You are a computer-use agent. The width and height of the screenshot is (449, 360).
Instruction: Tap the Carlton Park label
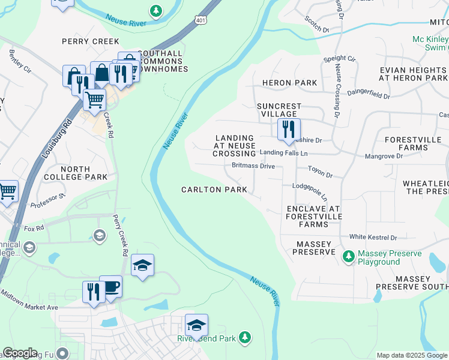[214, 190]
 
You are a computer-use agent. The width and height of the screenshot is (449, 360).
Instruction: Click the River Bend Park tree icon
[244, 338]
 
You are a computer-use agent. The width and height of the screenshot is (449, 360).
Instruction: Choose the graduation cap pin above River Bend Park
[196, 325]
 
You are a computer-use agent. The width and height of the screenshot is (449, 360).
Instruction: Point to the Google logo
[20, 353]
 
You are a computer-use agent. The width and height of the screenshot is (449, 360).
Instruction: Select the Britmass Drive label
[253, 166]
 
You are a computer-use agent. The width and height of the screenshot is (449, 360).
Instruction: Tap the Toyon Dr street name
[320, 172]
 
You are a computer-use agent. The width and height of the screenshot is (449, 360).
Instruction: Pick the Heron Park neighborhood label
[289, 82]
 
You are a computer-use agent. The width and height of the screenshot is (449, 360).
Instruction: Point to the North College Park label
[76, 173]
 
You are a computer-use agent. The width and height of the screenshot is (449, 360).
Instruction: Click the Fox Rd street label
[34, 229]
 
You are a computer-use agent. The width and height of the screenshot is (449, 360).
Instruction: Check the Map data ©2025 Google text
[412, 355]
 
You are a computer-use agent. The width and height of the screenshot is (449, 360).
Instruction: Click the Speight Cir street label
[340, 59]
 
